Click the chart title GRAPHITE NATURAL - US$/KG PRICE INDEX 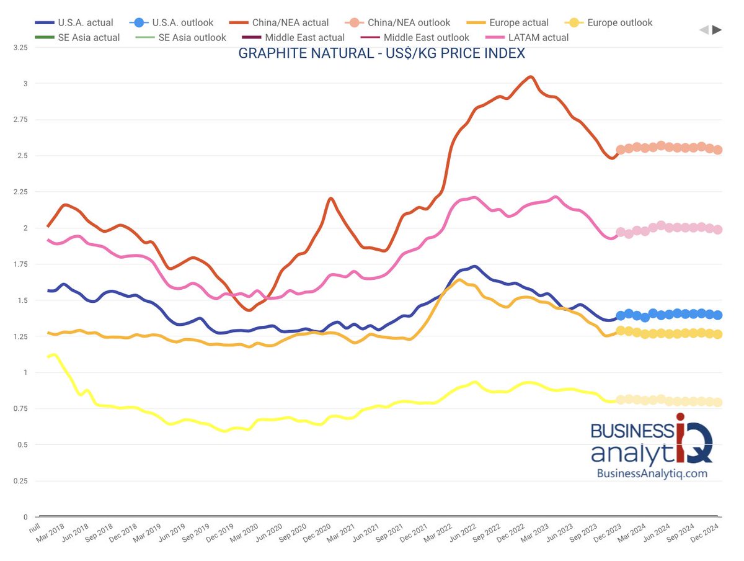tap(381, 53)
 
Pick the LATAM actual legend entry tap(528, 37)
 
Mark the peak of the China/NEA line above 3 tap(530, 77)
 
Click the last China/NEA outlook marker tap(717, 150)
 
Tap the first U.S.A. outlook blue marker tap(621, 316)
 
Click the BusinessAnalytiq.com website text tap(652, 473)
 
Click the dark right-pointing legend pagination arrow tap(717, 29)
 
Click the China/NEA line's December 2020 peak tap(331, 199)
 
